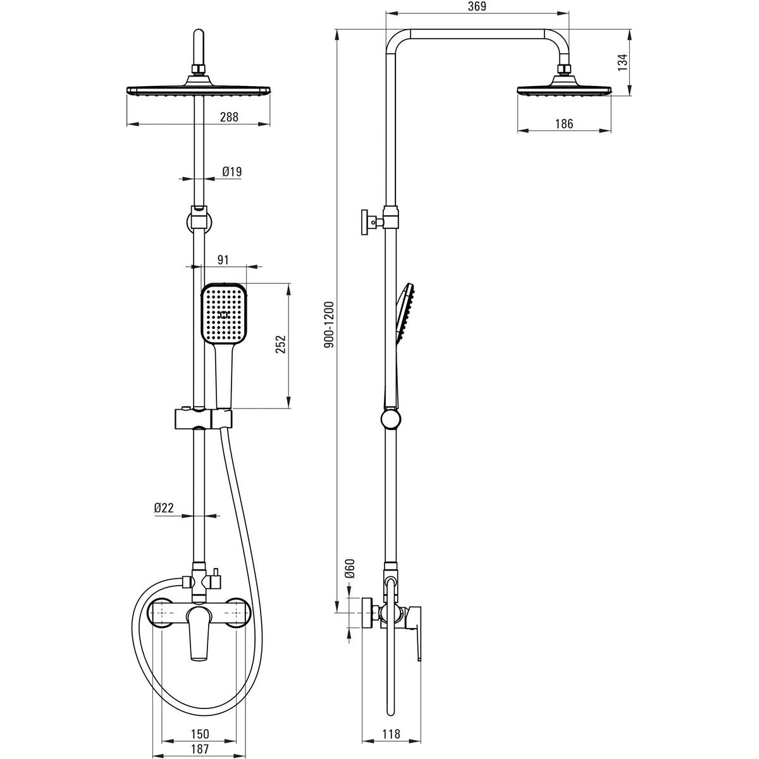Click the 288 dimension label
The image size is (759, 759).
point(229,117)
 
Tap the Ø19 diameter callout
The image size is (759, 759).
point(231,171)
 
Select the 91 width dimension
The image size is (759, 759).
point(223,260)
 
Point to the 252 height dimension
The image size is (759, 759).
point(280,344)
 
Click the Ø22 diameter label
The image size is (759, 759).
point(164,508)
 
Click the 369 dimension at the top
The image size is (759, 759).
point(478,6)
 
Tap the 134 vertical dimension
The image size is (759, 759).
point(622,62)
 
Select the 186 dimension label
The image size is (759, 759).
point(564,124)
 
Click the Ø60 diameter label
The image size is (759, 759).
point(350,569)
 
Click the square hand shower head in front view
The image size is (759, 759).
point(224,314)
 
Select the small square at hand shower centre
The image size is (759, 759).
point(224,315)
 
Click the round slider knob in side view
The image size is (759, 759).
point(391,419)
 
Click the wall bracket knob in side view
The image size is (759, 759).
point(365,222)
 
